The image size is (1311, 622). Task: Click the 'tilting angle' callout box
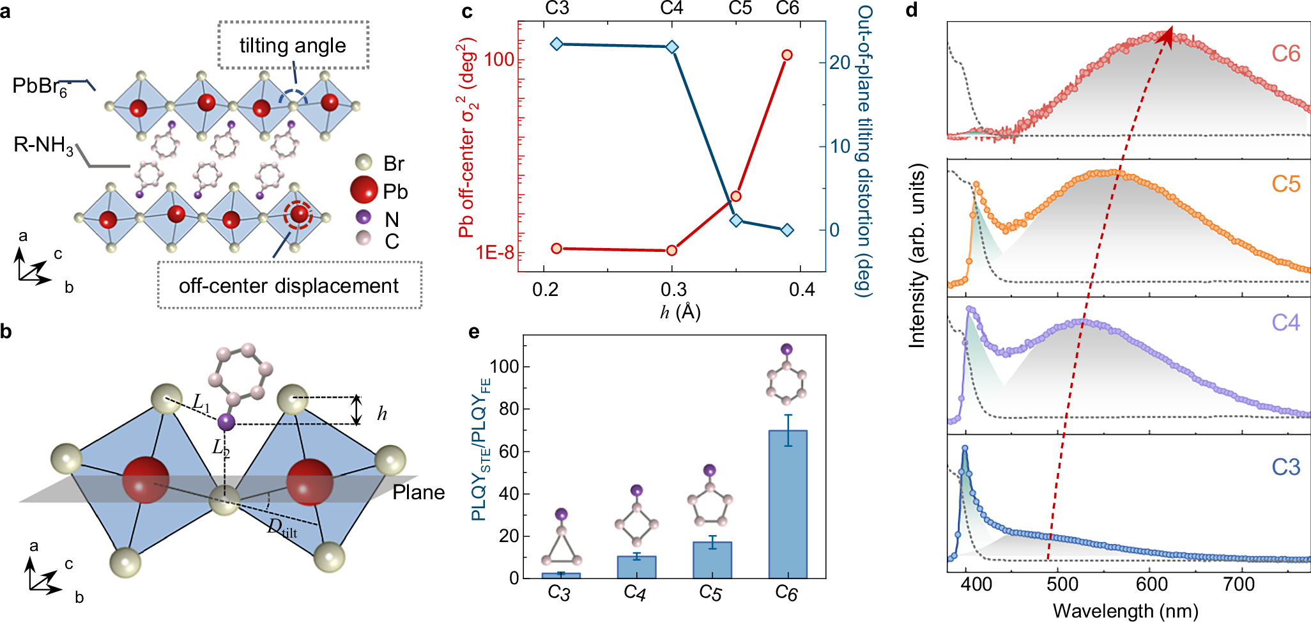coord(293,45)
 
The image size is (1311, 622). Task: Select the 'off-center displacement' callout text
coord(289,286)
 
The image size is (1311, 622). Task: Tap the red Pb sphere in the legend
coord(364,190)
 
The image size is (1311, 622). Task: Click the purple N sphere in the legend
coord(364,217)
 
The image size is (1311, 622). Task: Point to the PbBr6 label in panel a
coord(40,86)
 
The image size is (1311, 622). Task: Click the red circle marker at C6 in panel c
coord(786,55)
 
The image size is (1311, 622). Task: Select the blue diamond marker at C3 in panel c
coord(556,43)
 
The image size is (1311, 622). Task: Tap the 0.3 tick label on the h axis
coord(673,290)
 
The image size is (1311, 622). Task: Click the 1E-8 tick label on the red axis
coord(494,253)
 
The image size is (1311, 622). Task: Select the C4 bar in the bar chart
coord(636,567)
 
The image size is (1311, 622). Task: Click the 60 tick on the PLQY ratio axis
coord(509,451)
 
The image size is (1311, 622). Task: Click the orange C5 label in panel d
coord(1285,184)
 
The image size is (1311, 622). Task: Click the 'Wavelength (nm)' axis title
coord(1125,610)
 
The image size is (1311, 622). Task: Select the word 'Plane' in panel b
coord(418,492)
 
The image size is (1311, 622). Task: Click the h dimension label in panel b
coord(381,414)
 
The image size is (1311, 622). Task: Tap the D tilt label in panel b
coord(282,528)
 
